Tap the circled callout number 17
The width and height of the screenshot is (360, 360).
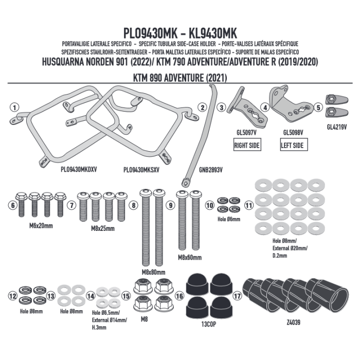pyautogui.click(x=237, y=296)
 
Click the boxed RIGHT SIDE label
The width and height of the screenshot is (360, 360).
pyautogui.click(x=246, y=146)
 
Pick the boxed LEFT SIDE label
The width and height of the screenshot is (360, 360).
pyautogui.click(x=292, y=146)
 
